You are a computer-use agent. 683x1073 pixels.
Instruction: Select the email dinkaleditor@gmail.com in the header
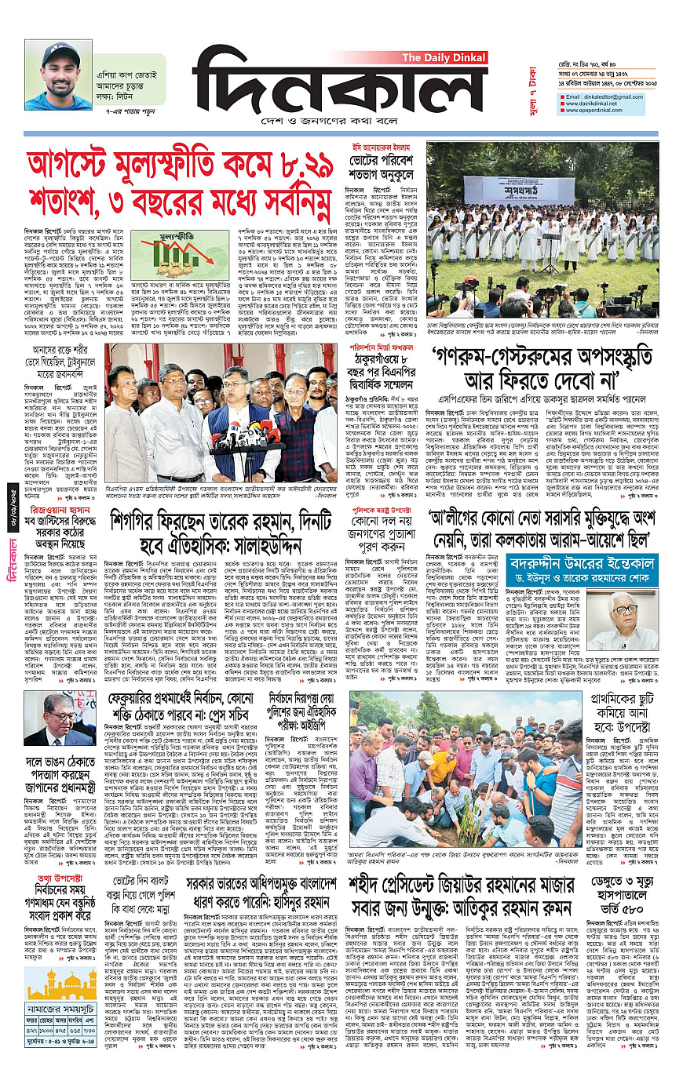(602, 96)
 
